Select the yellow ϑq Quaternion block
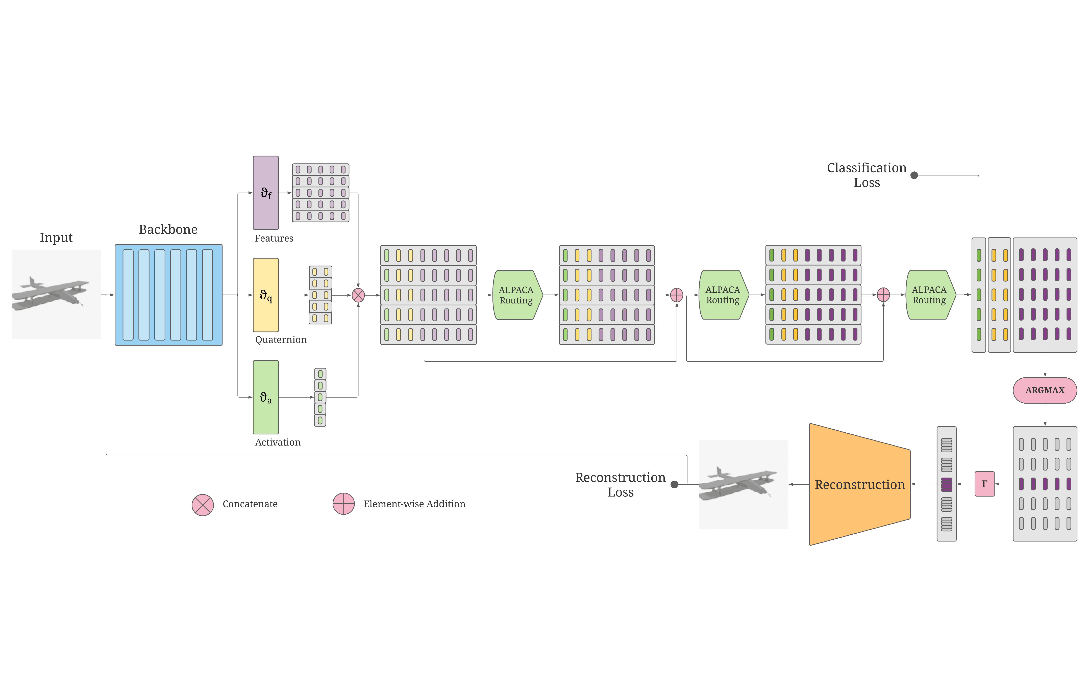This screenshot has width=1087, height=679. tap(265, 295)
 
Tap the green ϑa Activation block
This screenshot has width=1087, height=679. tap(265, 397)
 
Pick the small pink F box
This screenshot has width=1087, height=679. tap(984, 484)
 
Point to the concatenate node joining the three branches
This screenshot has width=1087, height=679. tap(358, 295)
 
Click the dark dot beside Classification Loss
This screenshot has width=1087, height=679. tap(914, 175)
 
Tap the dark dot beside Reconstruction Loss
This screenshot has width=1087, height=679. tap(674, 484)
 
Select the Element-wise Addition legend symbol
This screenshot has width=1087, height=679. tap(344, 504)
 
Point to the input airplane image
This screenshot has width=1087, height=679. tap(56, 295)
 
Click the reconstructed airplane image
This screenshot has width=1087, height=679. tap(743, 485)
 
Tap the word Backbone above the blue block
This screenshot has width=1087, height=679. tap(168, 229)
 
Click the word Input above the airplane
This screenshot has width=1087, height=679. tap(56, 238)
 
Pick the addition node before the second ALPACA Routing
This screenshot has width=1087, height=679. tap(676, 295)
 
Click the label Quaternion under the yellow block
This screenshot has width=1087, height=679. tap(281, 340)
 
